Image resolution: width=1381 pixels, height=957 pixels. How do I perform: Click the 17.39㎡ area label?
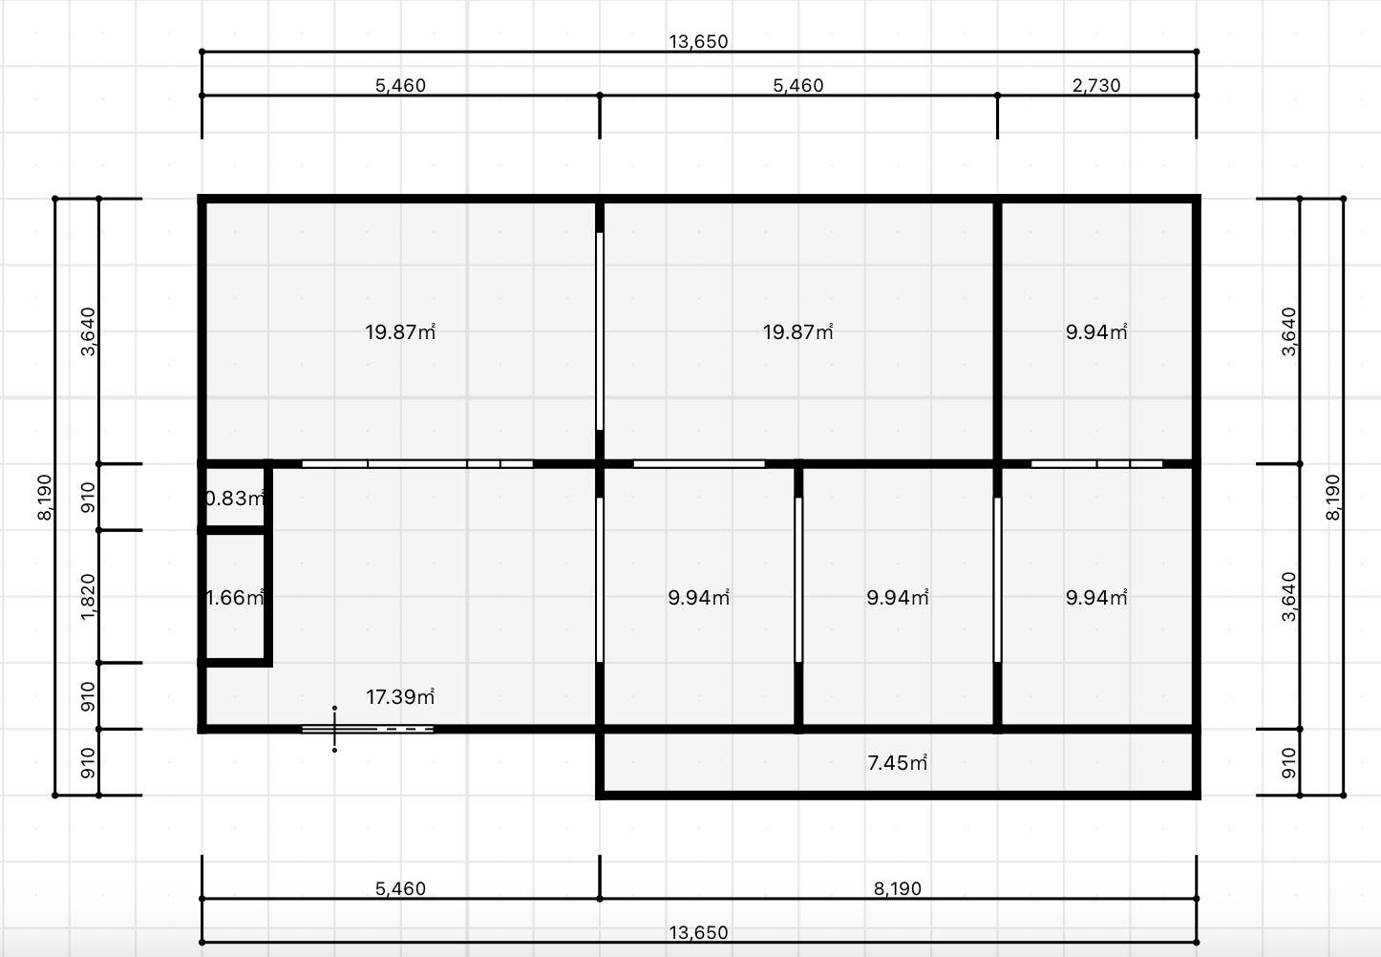click(x=400, y=697)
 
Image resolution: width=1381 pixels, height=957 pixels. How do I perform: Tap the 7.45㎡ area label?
click(x=897, y=763)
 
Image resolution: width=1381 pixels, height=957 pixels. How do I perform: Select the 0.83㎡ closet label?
click(x=234, y=498)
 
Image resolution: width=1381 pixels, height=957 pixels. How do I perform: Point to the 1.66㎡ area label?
click(x=234, y=597)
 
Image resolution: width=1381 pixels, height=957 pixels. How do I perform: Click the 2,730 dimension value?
click(x=1096, y=85)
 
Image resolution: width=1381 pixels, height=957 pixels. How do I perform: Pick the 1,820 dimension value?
click(x=88, y=596)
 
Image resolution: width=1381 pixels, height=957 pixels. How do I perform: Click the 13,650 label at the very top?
click(x=698, y=41)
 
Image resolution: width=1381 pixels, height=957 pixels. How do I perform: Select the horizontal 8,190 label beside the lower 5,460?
click(x=897, y=888)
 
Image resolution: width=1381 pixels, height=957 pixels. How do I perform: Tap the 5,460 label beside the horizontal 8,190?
click(x=400, y=888)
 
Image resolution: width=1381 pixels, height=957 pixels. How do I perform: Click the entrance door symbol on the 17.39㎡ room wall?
click(x=368, y=729)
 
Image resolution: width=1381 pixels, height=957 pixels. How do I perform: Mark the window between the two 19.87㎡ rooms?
click(x=599, y=331)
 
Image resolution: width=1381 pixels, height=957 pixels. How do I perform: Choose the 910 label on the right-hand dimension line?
click(x=1289, y=763)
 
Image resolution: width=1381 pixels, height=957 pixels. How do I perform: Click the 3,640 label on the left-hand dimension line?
click(x=88, y=331)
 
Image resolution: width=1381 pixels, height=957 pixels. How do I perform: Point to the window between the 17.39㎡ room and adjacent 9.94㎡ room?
click(x=599, y=580)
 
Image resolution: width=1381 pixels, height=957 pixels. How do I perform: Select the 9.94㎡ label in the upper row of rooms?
click(x=1096, y=331)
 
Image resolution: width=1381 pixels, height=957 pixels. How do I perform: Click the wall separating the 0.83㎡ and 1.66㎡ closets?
click(x=234, y=530)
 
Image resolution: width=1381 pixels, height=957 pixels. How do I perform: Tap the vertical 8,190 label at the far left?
click(x=44, y=497)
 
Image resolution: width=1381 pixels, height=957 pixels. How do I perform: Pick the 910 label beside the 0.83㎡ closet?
click(x=88, y=498)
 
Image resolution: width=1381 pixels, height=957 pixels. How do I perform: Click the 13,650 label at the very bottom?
click(x=698, y=932)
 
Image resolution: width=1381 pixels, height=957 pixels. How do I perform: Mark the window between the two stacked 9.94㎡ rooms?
click(x=1096, y=464)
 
